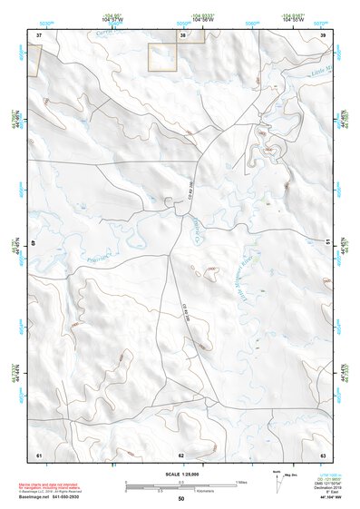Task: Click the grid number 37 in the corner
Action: pyautogui.click(x=39, y=34)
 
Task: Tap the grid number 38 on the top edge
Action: pyautogui.click(x=181, y=35)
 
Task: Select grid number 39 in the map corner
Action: pyautogui.click(x=323, y=34)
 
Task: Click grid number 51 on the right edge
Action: pyautogui.click(x=327, y=241)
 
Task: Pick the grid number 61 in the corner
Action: pyautogui.click(x=39, y=454)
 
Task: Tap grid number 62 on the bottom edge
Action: pyautogui.click(x=181, y=455)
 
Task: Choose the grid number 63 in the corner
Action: pyautogui.click(x=323, y=454)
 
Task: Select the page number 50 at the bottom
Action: pyautogui.click(x=181, y=498)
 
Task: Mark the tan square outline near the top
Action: pyautogui.click(x=162, y=55)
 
